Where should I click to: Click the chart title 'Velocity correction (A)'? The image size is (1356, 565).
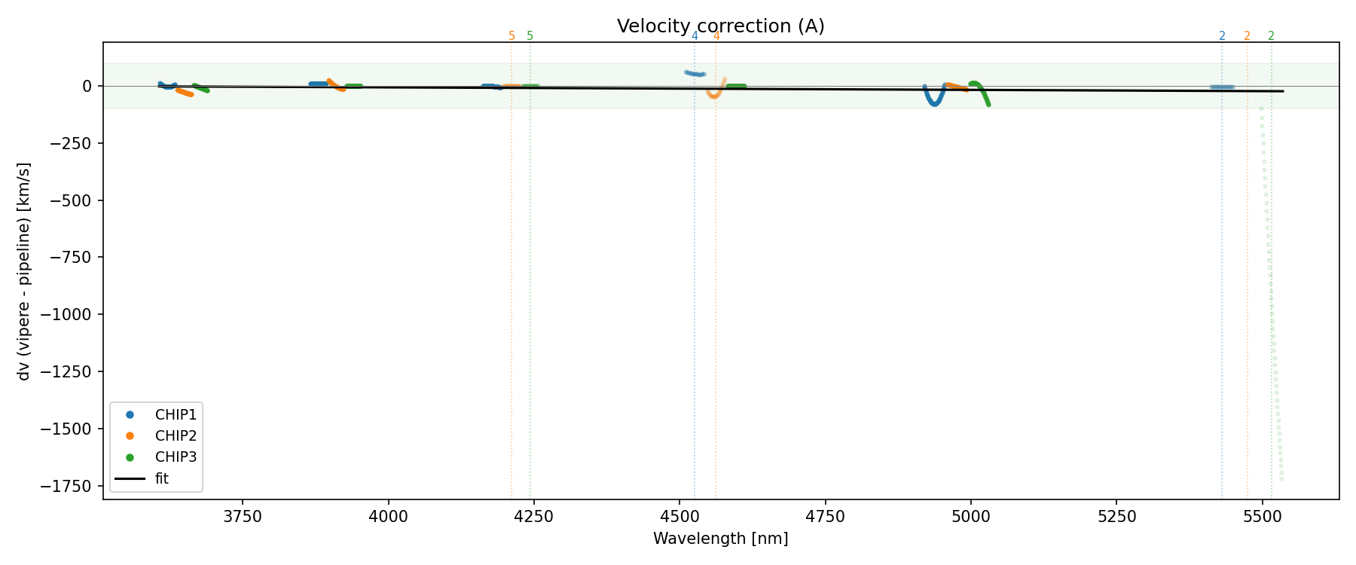(720, 26)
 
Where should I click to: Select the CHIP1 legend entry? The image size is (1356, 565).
(175, 414)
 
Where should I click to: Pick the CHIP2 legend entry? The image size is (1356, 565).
(175, 435)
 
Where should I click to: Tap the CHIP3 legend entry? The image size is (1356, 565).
(175, 457)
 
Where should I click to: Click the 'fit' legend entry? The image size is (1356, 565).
(161, 478)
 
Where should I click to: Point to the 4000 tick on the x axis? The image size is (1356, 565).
(389, 517)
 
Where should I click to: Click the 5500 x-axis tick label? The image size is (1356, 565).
(1263, 517)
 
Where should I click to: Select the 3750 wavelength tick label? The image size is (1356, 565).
(243, 517)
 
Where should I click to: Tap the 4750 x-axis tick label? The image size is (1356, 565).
(826, 517)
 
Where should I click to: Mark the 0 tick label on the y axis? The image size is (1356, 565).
(87, 86)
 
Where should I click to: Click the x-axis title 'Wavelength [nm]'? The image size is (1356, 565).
(720, 539)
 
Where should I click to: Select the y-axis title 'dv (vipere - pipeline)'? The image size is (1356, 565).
(24, 271)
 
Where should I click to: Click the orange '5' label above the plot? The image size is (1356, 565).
(512, 36)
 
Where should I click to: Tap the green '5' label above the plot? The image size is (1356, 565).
(530, 36)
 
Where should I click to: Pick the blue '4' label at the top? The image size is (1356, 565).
(695, 36)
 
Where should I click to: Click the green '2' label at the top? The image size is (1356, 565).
(1272, 36)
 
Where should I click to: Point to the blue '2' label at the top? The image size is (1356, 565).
(1222, 36)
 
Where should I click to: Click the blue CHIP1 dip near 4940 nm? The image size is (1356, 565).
(934, 103)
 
